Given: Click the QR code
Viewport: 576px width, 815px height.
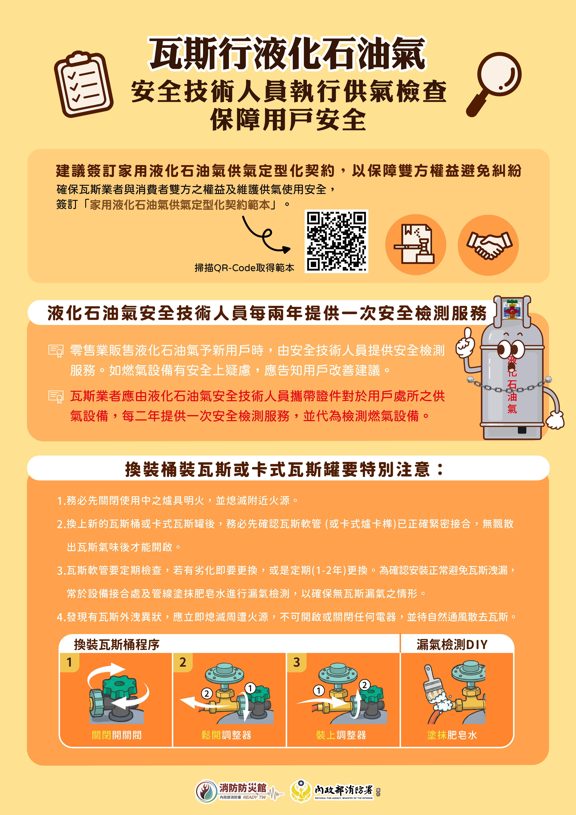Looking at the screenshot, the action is coord(336,241).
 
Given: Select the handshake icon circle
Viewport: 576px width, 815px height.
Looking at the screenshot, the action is coord(488,245).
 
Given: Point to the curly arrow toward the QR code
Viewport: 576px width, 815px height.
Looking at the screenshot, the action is coord(264,236).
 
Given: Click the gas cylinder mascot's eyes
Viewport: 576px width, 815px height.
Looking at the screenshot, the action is coord(511,350).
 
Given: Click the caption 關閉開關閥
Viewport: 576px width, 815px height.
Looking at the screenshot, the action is coord(117,735).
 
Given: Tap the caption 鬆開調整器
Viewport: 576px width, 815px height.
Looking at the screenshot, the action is coord(226,735).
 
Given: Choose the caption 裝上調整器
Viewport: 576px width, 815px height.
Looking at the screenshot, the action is coord(341,735).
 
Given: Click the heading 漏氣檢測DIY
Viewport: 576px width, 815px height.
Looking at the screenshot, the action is coord(452,644).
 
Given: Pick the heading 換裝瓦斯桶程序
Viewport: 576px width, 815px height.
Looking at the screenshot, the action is coord(117,644).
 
